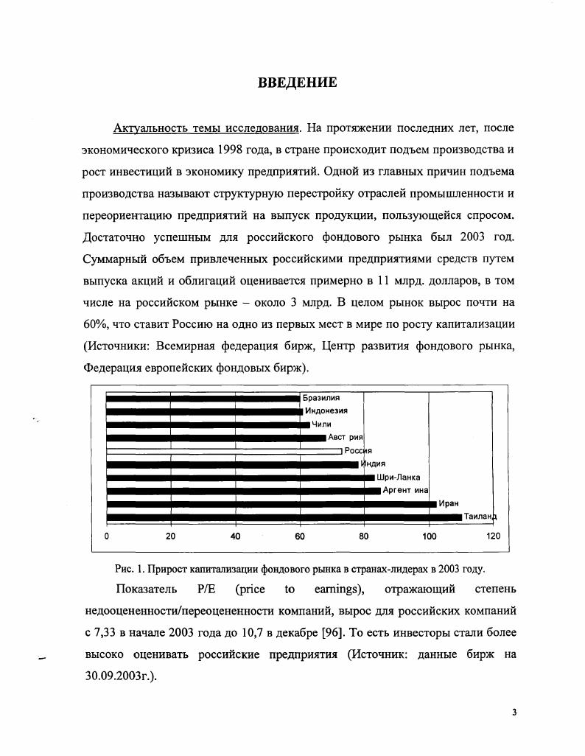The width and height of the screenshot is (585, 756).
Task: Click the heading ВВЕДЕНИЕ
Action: click(x=297, y=83)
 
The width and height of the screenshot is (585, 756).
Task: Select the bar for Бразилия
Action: click(x=203, y=399)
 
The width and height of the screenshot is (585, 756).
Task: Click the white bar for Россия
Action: click(x=224, y=451)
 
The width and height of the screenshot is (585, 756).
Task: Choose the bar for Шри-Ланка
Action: click(x=240, y=477)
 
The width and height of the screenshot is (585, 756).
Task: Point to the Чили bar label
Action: click(x=321, y=424)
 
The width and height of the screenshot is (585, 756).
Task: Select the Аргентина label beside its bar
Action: click(x=405, y=491)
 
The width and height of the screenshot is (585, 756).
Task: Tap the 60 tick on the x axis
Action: click(x=300, y=536)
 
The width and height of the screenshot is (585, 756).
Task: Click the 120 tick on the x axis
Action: click(x=493, y=536)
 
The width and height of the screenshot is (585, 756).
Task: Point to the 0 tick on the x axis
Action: click(x=107, y=536)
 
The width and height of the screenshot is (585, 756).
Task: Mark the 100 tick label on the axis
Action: click(x=429, y=536)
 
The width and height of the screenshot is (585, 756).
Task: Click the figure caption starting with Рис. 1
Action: click(x=300, y=569)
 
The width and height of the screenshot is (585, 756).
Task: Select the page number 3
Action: click(x=514, y=713)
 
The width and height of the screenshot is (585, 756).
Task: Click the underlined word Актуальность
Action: click(x=151, y=129)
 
